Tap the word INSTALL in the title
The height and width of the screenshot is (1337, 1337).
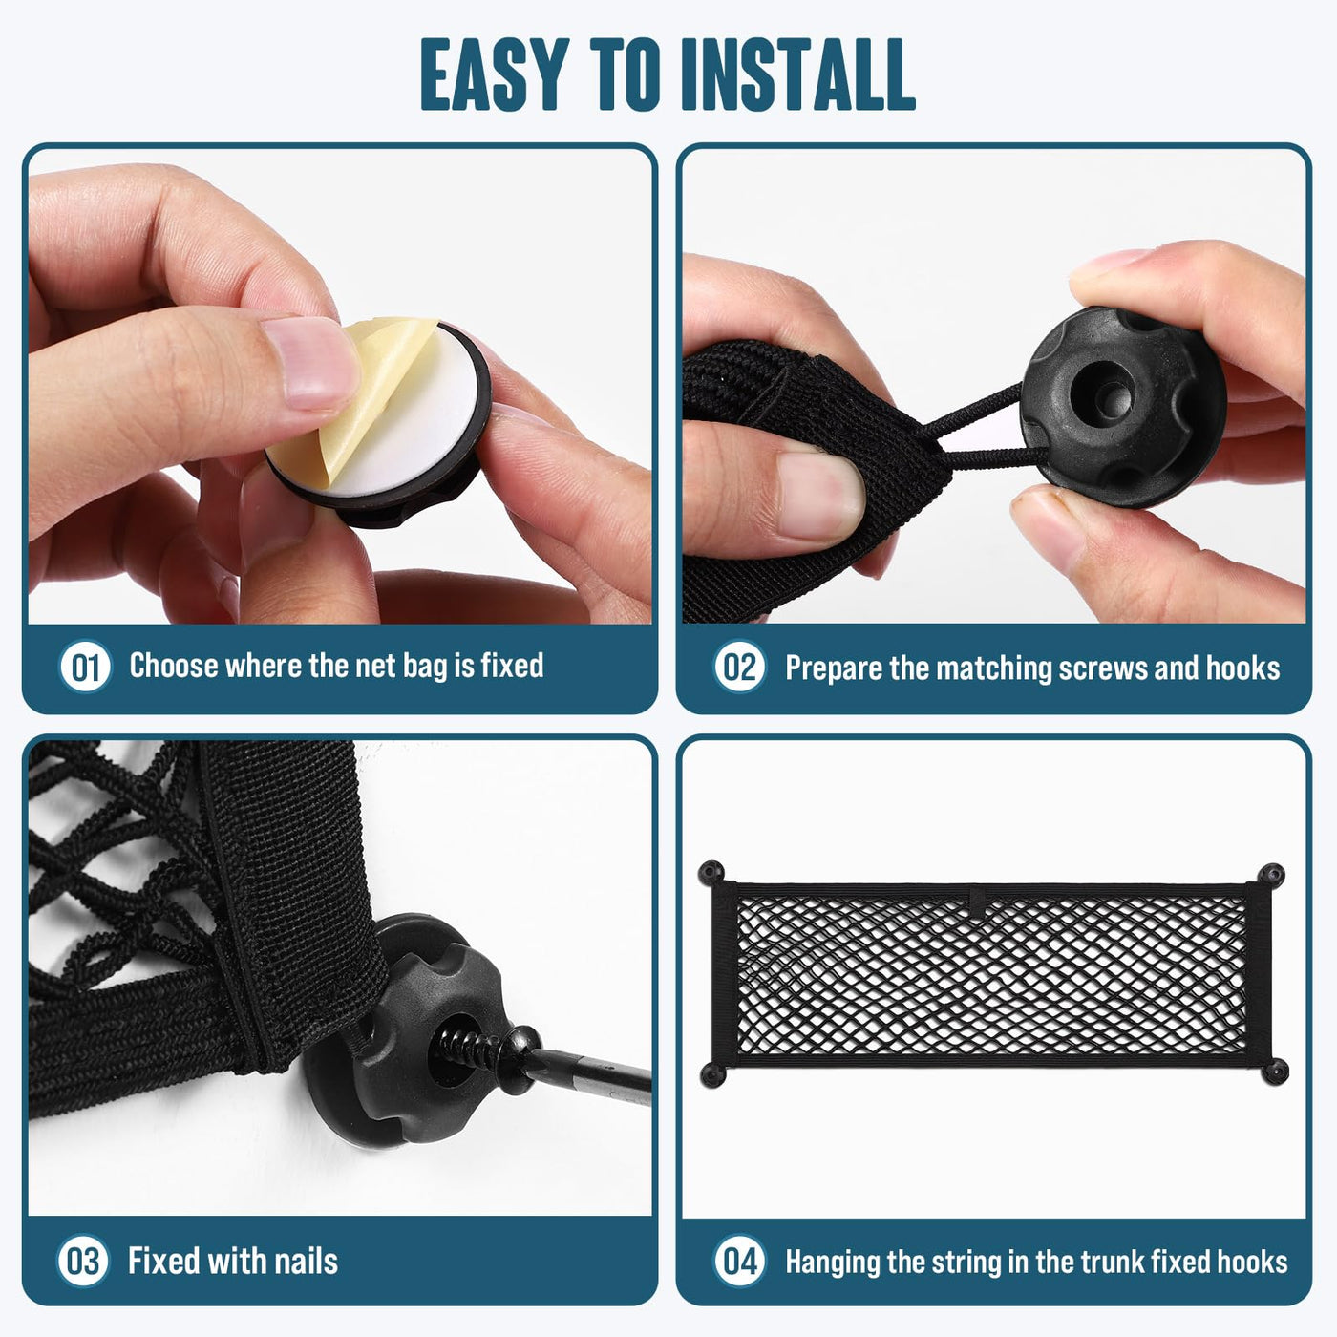tap(797, 74)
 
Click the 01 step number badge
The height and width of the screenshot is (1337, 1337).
tap(85, 667)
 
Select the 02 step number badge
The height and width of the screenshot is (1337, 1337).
tap(739, 667)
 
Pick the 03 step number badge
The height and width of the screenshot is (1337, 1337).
tap(83, 1261)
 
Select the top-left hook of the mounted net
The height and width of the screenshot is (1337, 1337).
tap(711, 873)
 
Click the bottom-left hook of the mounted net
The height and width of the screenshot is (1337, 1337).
tap(711, 1074)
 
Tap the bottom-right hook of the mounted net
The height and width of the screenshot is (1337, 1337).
tap(1275, 1071)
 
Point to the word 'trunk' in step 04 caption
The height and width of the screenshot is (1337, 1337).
tap(1114, 1262)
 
